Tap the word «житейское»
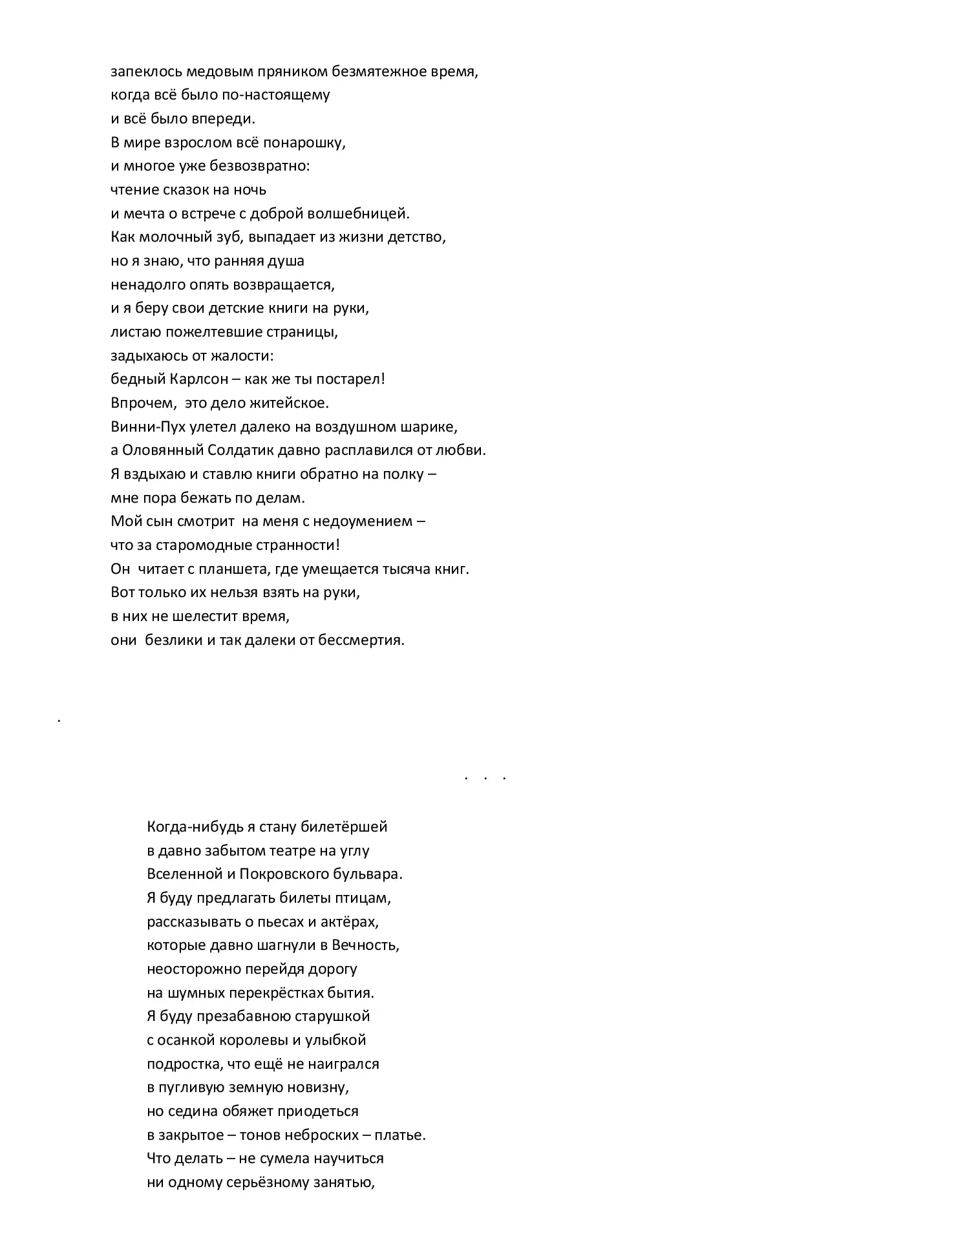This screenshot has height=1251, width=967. (291, 403)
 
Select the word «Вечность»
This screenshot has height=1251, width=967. (366, 945)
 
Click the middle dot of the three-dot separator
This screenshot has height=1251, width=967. (485, 779)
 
